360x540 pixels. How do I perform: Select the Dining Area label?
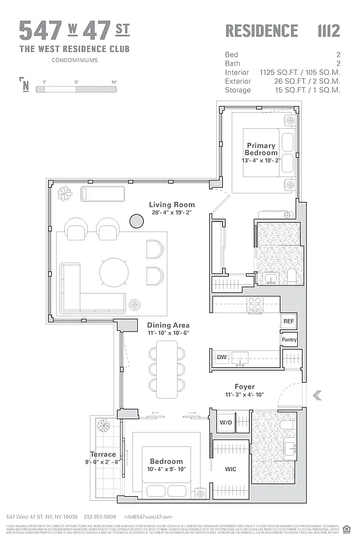168,325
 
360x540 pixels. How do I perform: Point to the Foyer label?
245,387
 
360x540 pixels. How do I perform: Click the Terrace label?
103,454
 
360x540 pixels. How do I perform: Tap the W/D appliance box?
226,423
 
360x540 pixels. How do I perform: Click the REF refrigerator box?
289,321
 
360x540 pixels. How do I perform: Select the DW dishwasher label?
222,357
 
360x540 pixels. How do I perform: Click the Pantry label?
289,340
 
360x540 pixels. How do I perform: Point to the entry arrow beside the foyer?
317,396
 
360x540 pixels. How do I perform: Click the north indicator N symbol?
25,85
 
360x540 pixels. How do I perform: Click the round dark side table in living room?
137,221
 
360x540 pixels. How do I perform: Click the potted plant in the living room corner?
65,194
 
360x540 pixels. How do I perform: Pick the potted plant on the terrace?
105,427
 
